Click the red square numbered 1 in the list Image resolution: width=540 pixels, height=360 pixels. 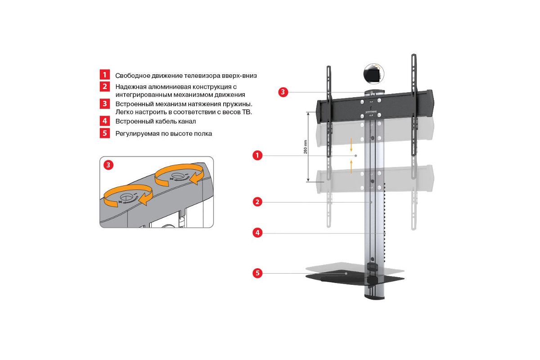104,75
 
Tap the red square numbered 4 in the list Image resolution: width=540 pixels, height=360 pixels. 104,121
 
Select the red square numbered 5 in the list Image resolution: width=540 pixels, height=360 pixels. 104,133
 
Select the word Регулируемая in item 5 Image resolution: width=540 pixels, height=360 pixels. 137,134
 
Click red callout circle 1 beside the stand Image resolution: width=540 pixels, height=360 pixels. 257,155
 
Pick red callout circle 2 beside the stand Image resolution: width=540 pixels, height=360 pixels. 257,202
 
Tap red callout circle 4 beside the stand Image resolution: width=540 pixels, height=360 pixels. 257,233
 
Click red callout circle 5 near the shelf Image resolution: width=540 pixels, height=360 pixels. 257,273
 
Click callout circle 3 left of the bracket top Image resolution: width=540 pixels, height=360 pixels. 283,92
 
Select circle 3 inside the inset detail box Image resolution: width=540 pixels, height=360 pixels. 108,165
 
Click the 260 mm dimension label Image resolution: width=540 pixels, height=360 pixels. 306,147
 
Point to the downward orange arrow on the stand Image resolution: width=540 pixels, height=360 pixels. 351,145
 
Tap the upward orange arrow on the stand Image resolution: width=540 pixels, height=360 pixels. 351,167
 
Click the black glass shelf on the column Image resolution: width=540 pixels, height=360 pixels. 355,279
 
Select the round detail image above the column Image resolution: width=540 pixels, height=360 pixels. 373,74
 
